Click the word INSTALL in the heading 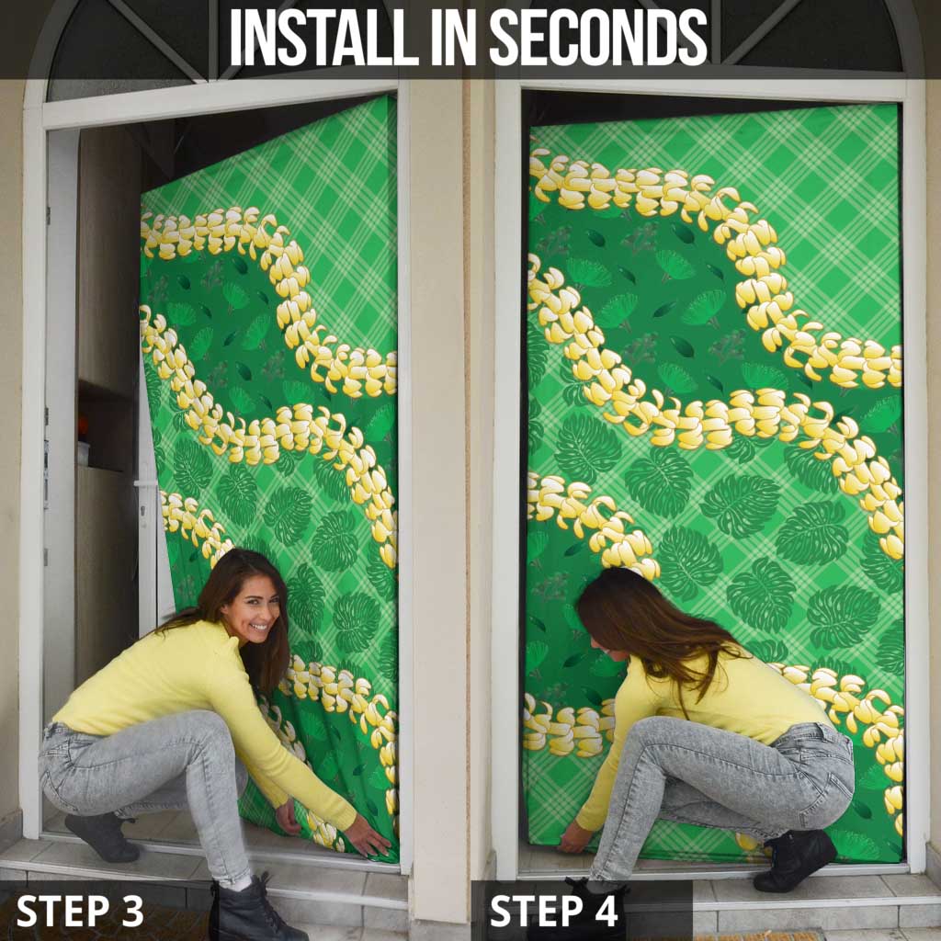point(324,37)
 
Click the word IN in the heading point(454,37)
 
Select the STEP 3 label point(80,911)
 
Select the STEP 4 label point(553,911)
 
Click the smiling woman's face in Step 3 point(255,611)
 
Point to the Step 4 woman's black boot point(795,860)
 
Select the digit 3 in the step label point(132,911)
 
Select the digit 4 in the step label point(607,911)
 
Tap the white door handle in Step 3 point(146,483)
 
